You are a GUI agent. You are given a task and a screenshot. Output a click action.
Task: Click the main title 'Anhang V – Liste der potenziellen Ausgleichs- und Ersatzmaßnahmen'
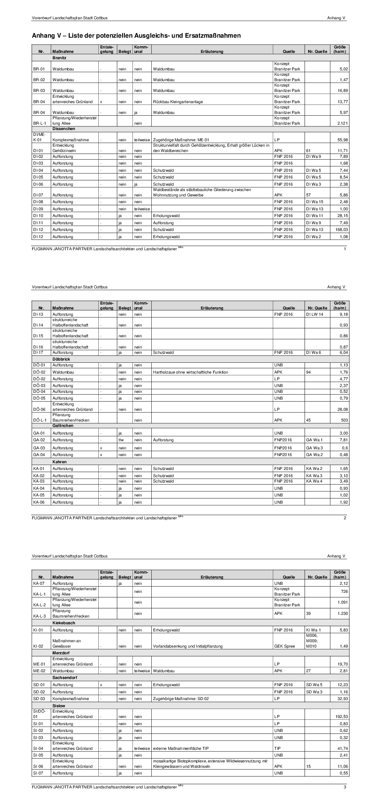(136, 35)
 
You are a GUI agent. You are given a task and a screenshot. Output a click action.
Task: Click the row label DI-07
(38, 196)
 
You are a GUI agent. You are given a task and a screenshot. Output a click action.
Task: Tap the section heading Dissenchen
(64, 128)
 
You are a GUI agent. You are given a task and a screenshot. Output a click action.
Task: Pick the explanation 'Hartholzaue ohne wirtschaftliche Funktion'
(190, 372)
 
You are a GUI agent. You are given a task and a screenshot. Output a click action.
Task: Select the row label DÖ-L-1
(39, 420)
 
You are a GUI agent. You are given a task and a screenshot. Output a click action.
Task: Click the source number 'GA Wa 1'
(314, 440)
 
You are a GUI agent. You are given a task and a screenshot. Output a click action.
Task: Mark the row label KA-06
(39, 502)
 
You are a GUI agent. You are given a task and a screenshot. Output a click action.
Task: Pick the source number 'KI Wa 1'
(313, 630)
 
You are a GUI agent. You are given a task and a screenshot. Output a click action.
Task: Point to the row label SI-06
(38, 766)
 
